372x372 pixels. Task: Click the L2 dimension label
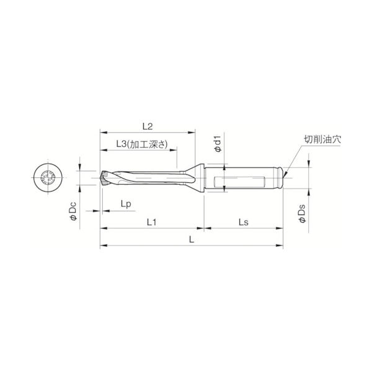tap(147, 125)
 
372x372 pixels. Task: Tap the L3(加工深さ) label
tap(141, 144)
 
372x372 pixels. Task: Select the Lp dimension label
tap(125, 204)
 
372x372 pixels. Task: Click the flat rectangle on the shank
tap(241, 184)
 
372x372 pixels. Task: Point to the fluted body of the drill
tap(149, 179)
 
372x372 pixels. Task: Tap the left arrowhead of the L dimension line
tap(102, 245)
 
